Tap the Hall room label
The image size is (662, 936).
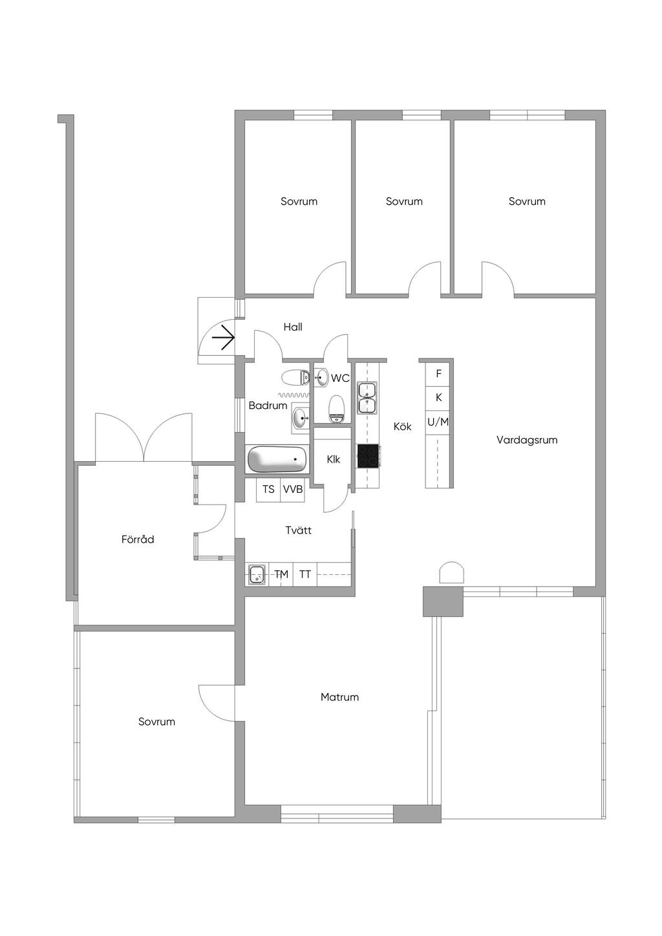coord(293,327)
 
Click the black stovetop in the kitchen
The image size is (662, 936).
coord(368,455)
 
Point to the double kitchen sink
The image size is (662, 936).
coord(367,397)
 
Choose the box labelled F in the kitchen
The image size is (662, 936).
coord(438,373)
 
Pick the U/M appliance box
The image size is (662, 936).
coord(438,422)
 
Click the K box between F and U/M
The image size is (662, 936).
coord(438,397)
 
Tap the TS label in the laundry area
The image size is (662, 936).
coord(268,490)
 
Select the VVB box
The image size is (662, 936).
coord(293,490)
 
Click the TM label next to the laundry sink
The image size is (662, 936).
coord(281,574)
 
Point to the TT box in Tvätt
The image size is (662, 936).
coord(305,574)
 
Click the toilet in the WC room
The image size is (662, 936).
coord(336,408)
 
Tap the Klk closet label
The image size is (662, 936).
coord(333,459)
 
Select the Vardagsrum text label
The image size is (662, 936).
coord(527,440)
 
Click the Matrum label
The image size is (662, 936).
coord(339,697)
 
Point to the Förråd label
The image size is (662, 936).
coord(138,539)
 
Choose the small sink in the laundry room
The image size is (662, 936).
coord(257,574)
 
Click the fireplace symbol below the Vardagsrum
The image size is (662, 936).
coord(452,573)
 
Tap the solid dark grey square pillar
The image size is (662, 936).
coord(443,601)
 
